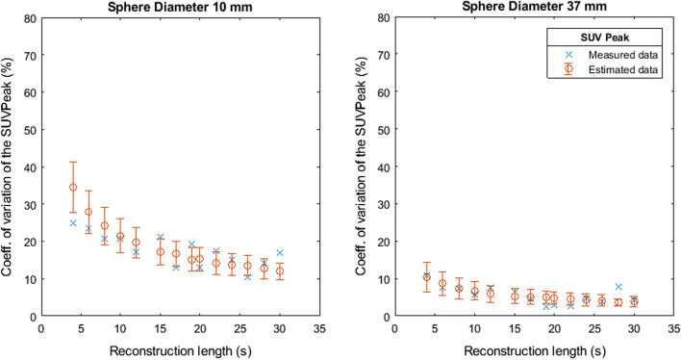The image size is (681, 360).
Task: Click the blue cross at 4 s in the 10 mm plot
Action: (x=73, y=223)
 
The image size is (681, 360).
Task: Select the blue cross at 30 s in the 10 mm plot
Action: (x=280, y=253)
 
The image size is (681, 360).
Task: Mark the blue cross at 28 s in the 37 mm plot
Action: (x=618, y=287)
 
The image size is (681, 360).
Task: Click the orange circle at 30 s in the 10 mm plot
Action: (x=280, y=271)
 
